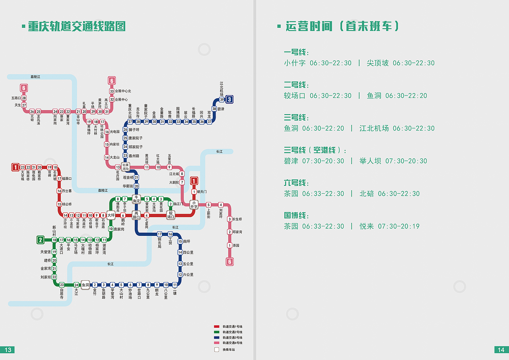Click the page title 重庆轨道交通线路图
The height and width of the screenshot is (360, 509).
[76, 27]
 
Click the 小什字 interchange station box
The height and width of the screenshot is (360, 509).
[194, 204]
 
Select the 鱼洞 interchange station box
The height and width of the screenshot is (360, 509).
[85, 285]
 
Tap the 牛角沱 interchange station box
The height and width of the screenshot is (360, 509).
[136, 199]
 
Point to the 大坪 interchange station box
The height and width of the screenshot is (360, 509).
[111, 215]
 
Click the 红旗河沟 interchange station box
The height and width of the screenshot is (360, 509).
[126, 167]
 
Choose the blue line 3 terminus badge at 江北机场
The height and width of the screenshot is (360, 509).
[229, 99]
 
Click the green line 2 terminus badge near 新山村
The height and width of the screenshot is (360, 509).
[40, 240]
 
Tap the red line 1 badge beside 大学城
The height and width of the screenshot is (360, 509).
[16, 167]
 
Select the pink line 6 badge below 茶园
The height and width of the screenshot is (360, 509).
[229, 261]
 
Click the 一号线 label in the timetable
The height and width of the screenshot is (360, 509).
[296, 53]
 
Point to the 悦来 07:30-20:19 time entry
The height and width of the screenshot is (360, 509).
[389, 226]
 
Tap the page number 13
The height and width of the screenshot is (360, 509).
[8, 350]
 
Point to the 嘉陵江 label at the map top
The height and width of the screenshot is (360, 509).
[35, 76]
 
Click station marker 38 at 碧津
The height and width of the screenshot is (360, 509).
[214, 109]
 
